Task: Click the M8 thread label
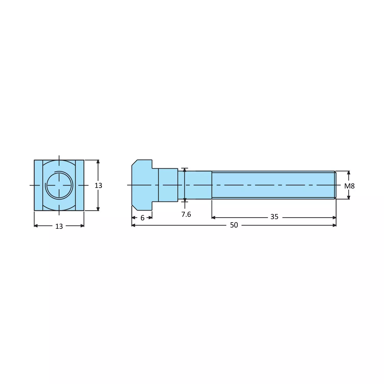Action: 349,186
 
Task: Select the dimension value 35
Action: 274,217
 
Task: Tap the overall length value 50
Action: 234,225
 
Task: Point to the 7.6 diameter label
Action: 186,214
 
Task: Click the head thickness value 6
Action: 142,218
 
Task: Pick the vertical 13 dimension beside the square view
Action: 98,185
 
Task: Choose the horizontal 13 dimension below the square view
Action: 59,226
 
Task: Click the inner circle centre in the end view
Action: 59,185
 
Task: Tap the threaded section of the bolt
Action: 273,185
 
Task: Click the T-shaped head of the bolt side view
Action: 142,185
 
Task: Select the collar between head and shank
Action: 168,185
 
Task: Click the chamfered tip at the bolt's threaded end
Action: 335,185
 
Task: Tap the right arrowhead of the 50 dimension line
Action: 334,225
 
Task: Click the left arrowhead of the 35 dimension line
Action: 213,218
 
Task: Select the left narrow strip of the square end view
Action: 38,185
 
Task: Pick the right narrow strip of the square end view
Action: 80,185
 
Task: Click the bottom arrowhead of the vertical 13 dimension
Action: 98,209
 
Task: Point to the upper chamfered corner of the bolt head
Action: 134,163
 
